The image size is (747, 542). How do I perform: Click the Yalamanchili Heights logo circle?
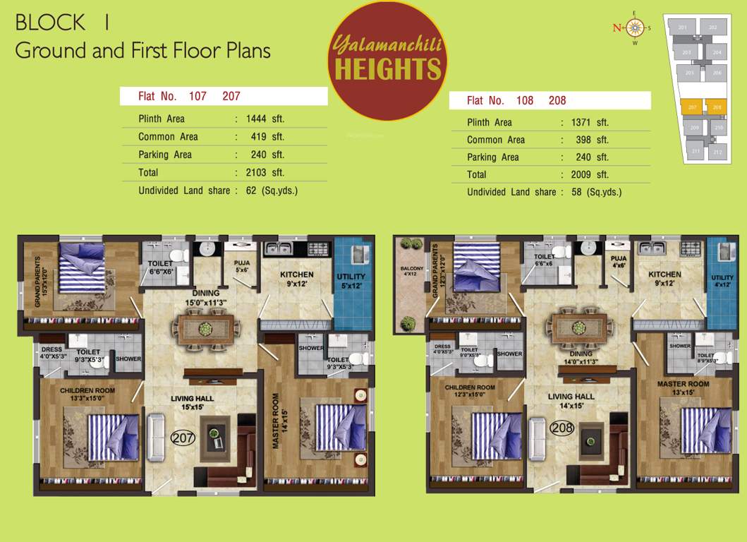(387, 61)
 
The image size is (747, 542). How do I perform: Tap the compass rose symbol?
(634, 28)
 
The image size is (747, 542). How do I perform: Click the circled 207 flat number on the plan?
(183, 438)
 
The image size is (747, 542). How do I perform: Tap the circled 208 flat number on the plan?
(562, 427)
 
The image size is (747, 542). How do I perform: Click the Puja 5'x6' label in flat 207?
(242, 266)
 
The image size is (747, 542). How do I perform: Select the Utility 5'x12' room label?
(351, 281)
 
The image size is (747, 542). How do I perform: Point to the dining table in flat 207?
(205, 328)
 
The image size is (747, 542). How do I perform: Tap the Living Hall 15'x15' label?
(192, 403)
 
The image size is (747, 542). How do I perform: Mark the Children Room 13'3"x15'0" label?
(87, 394)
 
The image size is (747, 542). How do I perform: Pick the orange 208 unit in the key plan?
(716, 107)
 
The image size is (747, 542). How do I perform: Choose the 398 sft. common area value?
(591, 140)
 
